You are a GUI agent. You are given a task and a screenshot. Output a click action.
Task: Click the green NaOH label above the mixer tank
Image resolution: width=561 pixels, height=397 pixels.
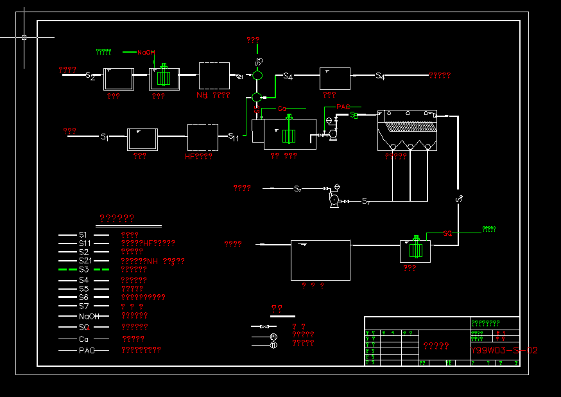pyautogui.click(x=145, y=53)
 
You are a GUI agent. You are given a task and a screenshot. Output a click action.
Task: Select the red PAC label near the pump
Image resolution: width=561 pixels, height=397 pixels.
pyautogui.click(x=343, y=107)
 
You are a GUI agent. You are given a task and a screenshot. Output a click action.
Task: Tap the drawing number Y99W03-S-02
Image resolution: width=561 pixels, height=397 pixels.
pyautogui.click(x=505, y=350)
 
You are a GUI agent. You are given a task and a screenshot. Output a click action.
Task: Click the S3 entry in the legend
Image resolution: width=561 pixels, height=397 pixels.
pyautogui.click(x=84, y=270)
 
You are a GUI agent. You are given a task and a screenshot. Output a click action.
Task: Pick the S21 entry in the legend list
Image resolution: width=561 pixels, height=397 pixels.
pyautogui.click(x=85, y=261)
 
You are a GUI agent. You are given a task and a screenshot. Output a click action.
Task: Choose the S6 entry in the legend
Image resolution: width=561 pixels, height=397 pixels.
pyautogui.click(x=84, y=297)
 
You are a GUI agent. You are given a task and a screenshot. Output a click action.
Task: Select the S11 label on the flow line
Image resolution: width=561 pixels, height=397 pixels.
pyautogui.click(x=234, y=137)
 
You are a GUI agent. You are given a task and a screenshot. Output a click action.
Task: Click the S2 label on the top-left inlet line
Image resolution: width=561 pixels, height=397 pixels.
pyautogui.click(x=91, y=76)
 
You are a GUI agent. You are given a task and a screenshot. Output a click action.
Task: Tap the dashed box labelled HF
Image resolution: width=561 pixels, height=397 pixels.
pyautogui.click(x=203, y=138)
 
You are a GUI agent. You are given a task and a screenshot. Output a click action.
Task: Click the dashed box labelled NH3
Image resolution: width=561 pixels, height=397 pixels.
pyautogui.click(x=214, y=76)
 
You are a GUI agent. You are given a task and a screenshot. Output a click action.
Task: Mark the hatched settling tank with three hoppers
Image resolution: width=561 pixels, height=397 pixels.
pyautogui.click(x=407, y=130)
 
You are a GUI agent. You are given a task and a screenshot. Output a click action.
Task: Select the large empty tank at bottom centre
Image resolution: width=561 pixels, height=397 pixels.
pyautogui.click(x=320, y=260)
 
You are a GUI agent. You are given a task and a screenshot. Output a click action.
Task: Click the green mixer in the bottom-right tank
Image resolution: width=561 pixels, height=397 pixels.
pyautogui.click(x=416, y=247)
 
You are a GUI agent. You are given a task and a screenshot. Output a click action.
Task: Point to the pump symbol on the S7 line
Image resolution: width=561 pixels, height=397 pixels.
pyautogui.click(x=334, y=201)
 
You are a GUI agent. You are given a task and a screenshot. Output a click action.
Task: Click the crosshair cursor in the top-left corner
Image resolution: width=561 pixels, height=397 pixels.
pyautogui.click(x=24, y=37)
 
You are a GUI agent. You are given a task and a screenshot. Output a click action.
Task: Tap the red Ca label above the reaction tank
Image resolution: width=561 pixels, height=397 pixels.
pyautogui.click(x=281, y=109)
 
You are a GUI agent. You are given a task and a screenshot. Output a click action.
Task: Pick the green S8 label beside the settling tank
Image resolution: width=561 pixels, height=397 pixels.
pyautogui.click(x=354, y=115)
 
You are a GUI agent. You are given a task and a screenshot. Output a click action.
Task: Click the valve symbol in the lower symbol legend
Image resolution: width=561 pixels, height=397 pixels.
pyautogui.click(x=264, y=327)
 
